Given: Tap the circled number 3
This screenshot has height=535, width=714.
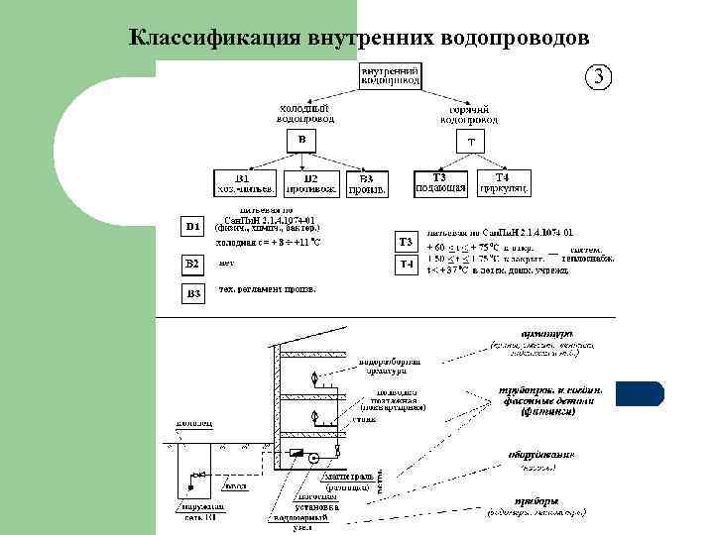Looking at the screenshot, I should [x=600, y=77].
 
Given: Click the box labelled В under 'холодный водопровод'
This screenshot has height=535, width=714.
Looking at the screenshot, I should [x=302, y=140].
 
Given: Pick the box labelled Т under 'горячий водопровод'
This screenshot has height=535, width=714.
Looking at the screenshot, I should [x=471, y=141].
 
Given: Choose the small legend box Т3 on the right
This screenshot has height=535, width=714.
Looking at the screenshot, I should [x=406, y=243].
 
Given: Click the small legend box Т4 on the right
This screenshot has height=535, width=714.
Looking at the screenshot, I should [x=406, y=266].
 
